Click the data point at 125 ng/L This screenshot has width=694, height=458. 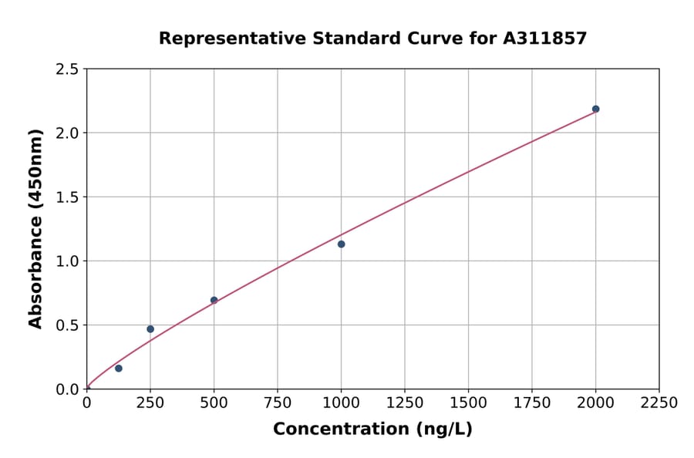click(x=118, y=369)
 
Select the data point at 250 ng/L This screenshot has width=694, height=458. click(x=150, y=329)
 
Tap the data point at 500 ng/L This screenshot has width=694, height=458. click(x=214, y=301)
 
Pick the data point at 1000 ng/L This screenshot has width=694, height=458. click(x=341, y=244)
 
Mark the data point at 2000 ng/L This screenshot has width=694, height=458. click(x=595, y=109)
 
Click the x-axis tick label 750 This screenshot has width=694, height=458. click(x=278, y=403)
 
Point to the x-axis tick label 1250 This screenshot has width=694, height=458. click(x=405, y=403)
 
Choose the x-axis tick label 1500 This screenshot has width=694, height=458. click(x=468, y=403)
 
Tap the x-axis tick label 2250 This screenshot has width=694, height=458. click(x=659, y=403)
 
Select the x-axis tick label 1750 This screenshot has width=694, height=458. click(x=532, y=403)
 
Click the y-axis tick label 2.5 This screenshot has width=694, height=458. click(x=67, y=69)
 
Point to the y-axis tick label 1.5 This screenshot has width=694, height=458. click(x=67, y=197)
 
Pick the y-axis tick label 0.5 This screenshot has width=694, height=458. click(x=67, y=325)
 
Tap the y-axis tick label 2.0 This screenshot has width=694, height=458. click(x=67, y=133)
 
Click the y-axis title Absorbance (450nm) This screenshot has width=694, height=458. click(x=35, y=229)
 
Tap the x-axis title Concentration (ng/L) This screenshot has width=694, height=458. click(x=372, y=429)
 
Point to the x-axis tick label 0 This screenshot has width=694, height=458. click(x=86, y=403)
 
